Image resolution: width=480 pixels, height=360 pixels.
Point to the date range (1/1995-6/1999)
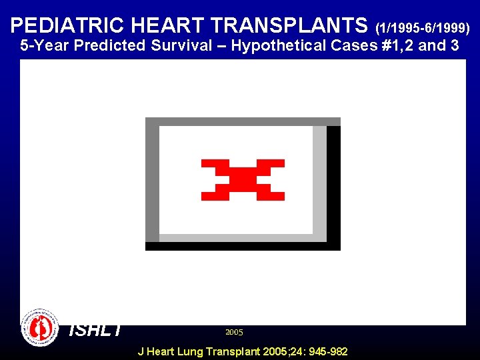point(423,28)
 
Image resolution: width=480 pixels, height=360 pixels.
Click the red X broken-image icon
point(243,180)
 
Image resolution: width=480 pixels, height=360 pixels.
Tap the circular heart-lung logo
point(40,327)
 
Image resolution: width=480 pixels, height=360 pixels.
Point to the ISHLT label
point(95,329)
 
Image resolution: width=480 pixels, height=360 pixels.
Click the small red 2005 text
point(234,332)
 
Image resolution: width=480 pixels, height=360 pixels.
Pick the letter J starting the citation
point(140,351)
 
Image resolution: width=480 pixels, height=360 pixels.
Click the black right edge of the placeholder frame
point(333,183)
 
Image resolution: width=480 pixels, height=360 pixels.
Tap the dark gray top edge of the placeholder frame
point(243,121)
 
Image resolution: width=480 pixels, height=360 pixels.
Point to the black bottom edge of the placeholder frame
point(243,246)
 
